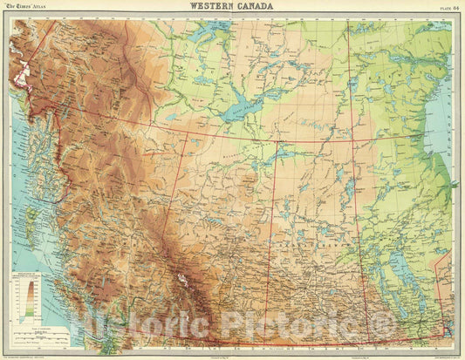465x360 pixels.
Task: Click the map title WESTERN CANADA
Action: click(231, 7)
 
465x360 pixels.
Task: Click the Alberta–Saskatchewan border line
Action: click(277, 244)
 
